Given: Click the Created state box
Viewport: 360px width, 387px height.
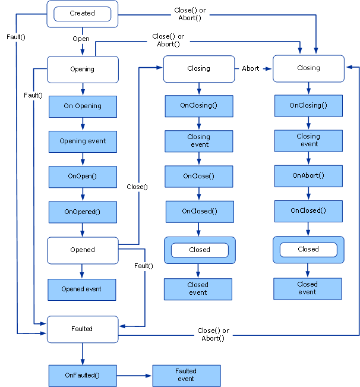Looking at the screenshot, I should coord(82,14).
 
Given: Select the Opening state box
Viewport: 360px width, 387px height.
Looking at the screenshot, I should coord(82,69).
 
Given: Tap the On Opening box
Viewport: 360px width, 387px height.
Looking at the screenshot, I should coord(83,106).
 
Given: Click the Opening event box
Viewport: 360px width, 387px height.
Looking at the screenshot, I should coord(83,141).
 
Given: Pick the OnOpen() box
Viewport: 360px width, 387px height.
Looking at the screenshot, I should coord(83,177).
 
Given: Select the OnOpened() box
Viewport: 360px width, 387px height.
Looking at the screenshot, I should coord(83,212).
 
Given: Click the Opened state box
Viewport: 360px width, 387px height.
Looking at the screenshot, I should coord(82,250).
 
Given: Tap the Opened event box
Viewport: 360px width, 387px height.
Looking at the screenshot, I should coord(82,289).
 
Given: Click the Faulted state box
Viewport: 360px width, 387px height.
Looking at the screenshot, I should coord(82,329).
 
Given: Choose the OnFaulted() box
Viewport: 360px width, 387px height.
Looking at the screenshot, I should coord(83,375).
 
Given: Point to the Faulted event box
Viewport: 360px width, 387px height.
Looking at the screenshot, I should coord(186,375).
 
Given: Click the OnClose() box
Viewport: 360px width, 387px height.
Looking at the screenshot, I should coord(198,176).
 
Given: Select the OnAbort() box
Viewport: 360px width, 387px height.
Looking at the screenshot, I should coord(308,175).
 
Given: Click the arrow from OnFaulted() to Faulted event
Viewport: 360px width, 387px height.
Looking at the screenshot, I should coord(134,375).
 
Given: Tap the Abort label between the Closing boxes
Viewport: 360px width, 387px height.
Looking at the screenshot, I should coord(251,68).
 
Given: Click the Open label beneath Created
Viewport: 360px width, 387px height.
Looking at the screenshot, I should coord(81,39).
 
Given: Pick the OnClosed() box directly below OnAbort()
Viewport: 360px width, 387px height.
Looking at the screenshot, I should coord(308,210).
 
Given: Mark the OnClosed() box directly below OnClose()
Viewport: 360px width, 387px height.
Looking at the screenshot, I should coord(199,211).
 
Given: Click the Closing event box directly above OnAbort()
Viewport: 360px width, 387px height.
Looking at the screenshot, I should coord(308,140).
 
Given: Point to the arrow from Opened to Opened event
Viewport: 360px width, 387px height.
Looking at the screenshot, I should coord(82,270).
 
